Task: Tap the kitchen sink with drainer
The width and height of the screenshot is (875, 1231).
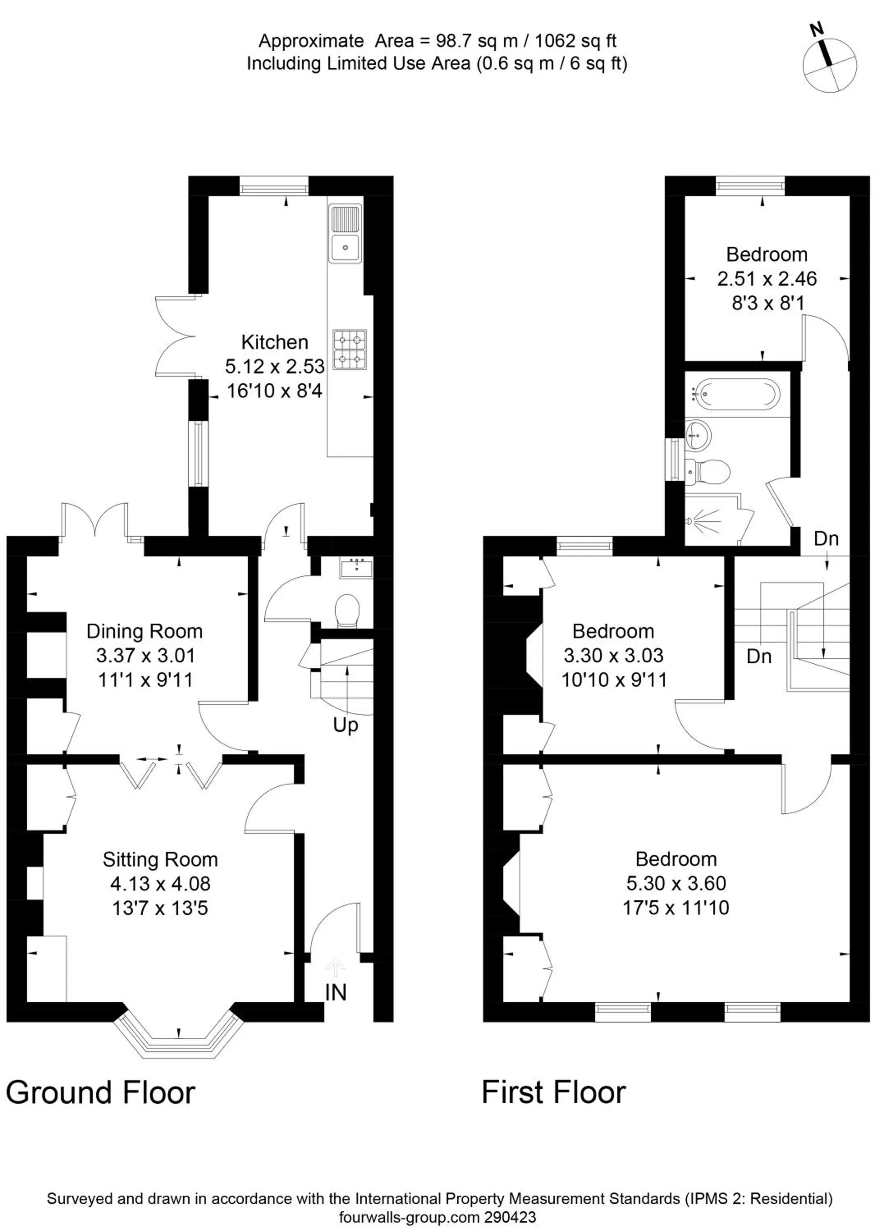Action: tap(346, 234)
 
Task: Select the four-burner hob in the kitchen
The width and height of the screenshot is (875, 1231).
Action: tap(349, 349)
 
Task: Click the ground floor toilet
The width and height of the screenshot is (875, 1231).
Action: tap(347, 611)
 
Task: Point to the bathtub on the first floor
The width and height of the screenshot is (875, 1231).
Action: tap(736, 394)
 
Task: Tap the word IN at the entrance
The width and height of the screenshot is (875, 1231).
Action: tap(336, 992)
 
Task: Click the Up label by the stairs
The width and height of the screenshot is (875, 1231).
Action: tap(346, 725)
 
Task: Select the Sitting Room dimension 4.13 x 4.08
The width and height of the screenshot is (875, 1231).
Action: tap(160, 883)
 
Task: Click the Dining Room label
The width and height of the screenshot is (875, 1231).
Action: tap(144, 631)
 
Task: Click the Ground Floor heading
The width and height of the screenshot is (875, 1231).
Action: tap(100, 1093)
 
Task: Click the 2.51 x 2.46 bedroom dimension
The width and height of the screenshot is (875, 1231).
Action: tap(767, 279)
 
